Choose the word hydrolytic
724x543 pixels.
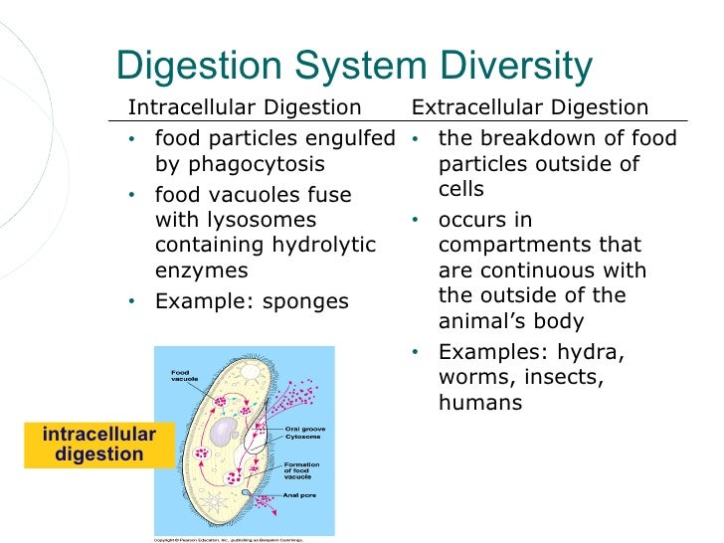[x=317, y=245]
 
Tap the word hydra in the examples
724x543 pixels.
[x=600, y=352]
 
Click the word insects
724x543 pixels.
[x=570, y=378]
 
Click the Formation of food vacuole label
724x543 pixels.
[x=301, y=471]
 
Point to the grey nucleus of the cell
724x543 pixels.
[x=228, y=430]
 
